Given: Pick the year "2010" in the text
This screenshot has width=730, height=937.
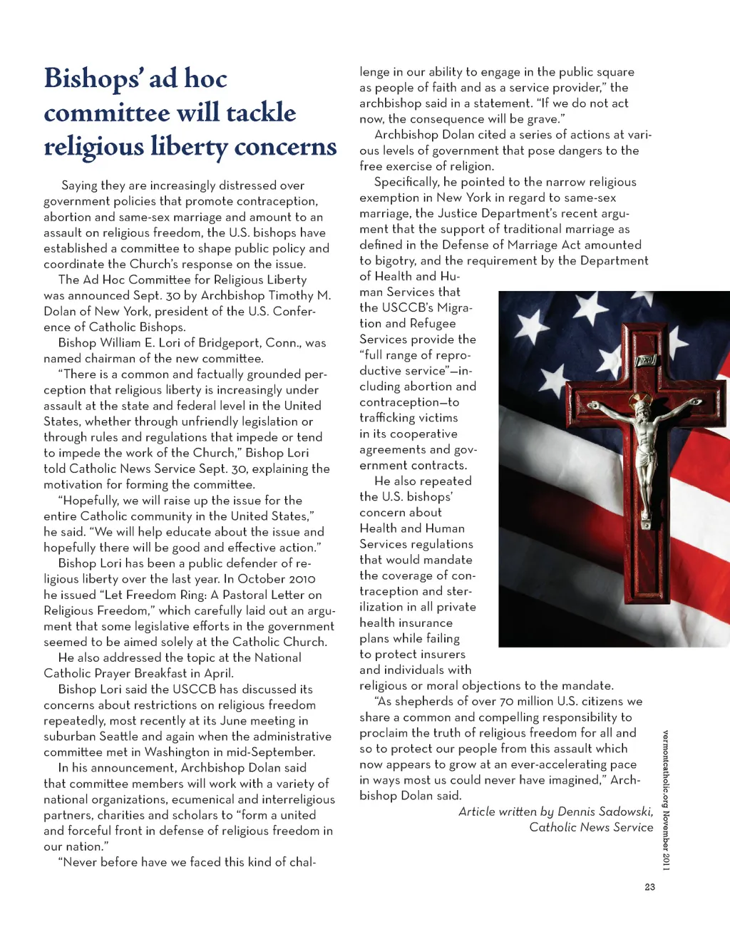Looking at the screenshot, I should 299,579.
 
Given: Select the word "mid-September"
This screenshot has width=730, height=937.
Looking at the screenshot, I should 274,752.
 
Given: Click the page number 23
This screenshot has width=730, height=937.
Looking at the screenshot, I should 649,887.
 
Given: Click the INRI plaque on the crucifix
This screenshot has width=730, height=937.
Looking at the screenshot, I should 646,361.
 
